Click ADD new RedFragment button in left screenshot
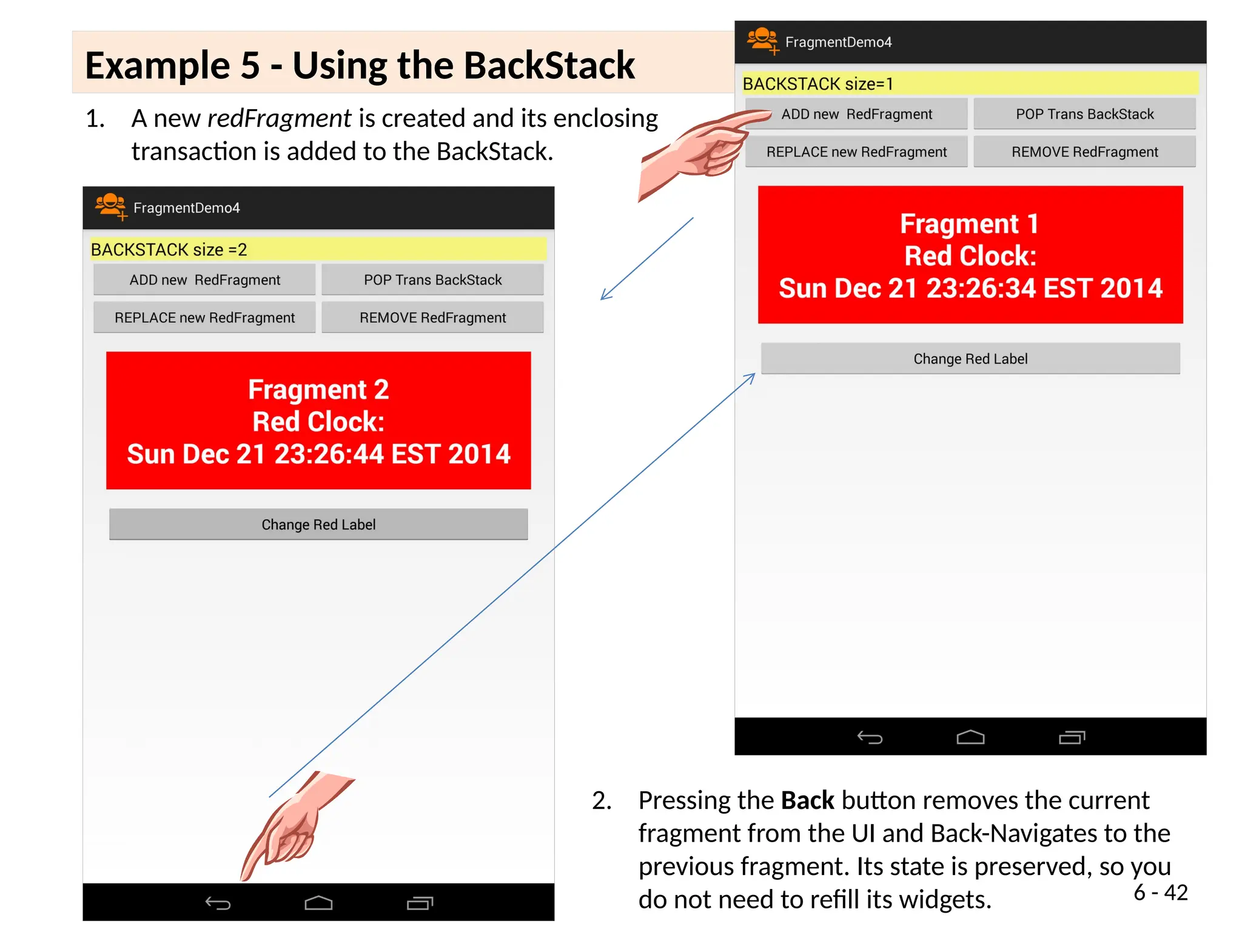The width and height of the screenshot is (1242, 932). [204, 280]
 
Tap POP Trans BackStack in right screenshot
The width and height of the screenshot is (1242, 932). [1084, 114]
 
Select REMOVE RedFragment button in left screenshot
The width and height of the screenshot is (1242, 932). [432, 317]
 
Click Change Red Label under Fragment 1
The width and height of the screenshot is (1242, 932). [970, 359]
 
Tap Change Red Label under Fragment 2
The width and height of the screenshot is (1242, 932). [318, 524]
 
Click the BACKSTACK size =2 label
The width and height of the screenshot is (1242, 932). [169, 249]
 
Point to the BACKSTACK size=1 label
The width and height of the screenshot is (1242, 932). [817, 84]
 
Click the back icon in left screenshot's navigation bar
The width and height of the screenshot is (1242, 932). [218, 903]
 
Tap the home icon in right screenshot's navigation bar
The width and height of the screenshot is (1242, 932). [970, 737]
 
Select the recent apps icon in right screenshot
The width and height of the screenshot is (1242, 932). [1072, 737]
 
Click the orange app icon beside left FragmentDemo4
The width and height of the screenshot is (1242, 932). [110, 206]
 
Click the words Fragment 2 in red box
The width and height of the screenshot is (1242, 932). [318, 390]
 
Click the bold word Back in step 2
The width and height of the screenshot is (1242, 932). [807, 800]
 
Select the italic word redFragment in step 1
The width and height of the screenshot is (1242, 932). [279, 118]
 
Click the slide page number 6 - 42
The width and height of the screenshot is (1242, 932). [1160, 893]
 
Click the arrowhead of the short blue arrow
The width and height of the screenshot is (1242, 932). [604, 296]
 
